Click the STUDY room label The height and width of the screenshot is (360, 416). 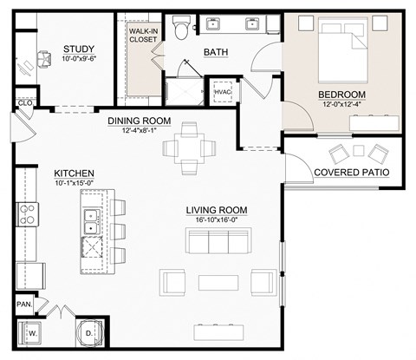pyautogui.click(x=79, y=49)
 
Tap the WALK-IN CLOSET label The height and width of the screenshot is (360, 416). pyautogui.click(x=144, y=35)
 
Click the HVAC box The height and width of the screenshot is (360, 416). pyautogui.click(x=220, y=90)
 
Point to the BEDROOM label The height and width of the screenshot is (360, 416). pyautogui.click(x=341, y=95)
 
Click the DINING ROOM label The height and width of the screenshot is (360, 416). pyautogui.click(x=140, y=121)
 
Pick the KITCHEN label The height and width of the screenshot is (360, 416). pyautogui.click(x=74, y=173)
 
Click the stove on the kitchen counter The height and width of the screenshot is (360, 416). pyautogui.click(x=26, y=213)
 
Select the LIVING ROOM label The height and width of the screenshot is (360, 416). pyautogui.click(x=217, y=210)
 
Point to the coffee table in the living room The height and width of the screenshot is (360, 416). pyautogui.click(x=214, y=282)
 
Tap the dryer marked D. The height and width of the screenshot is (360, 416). pyautogui.click(x=90, y=332)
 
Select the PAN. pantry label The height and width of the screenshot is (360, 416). pyautogui.click(x=23, y=304)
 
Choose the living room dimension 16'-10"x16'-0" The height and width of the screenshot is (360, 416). pyautogui.click(x=217, y=220)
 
